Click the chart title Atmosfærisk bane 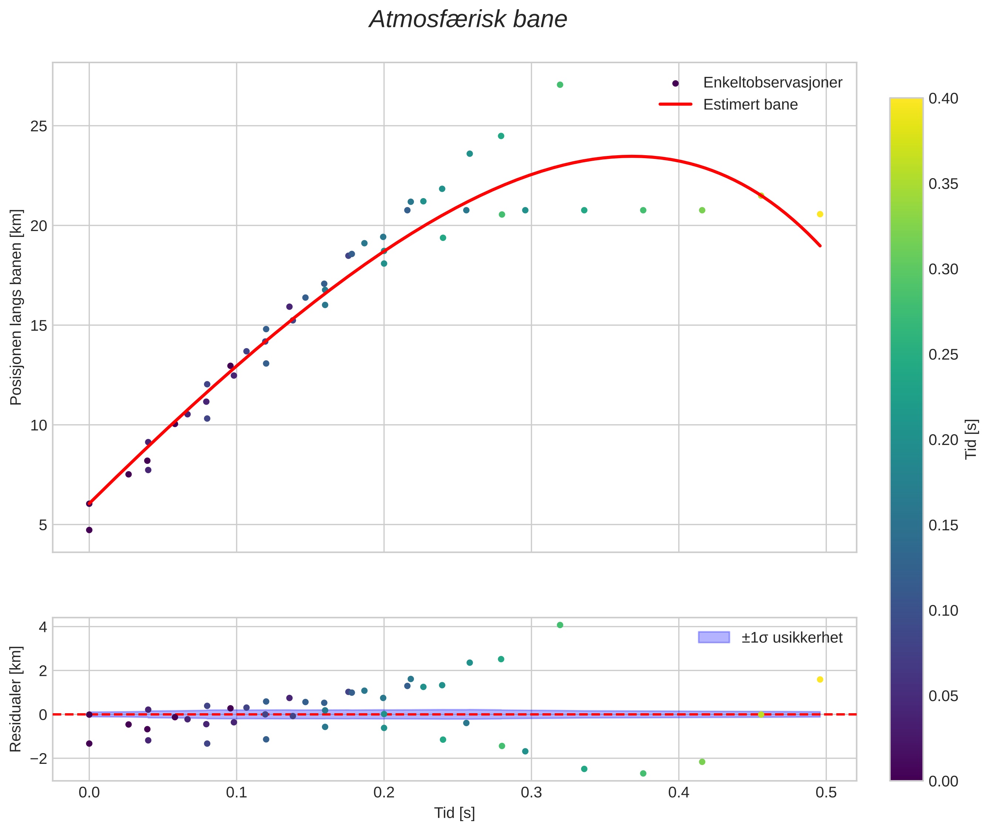468,20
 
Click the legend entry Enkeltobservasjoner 772,83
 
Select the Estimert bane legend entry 750,105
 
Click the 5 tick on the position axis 43,525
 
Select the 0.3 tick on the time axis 531,793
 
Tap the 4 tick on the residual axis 43,627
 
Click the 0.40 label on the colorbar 943,98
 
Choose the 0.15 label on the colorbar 943,525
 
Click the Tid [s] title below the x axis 454,813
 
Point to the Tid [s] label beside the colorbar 971,439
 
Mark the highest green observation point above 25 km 560,85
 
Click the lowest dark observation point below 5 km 89,530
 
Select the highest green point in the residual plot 560,625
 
